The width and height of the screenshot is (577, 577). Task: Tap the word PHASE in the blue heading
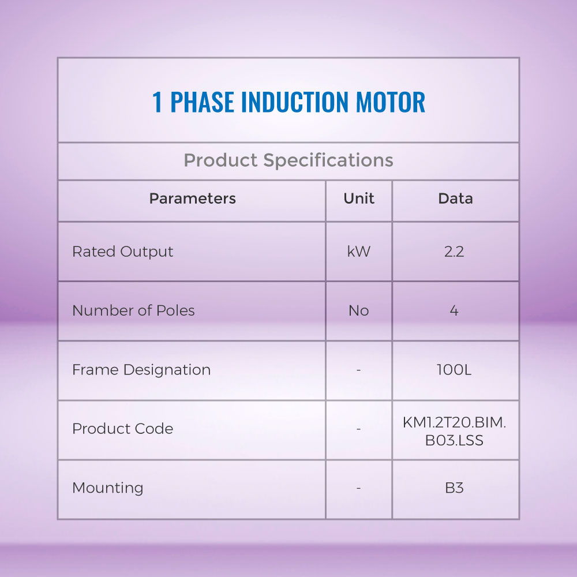pyautogui.click(x=202, y=102)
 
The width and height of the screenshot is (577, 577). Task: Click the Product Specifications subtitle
pyautogui.click(x=288, y=160)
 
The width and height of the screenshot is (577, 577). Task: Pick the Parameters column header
pyautogui.click(x=193, y=198)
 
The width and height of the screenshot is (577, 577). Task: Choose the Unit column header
pyautogui.click(x=359, y=198)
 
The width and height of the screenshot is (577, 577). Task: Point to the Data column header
pyautogui.click(x=456, y=198)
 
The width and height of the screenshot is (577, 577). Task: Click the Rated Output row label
pyautogui.click(x=122, y=252)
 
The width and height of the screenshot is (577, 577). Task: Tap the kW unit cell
pyautogui.click(x=359, y=252)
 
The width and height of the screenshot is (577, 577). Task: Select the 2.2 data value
pyautogui.click(x=454, y=252)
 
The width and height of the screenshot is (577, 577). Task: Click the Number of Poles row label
pyautogui.click(x=133, y=310)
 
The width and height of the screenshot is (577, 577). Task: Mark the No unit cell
pyautogui.click(x=359, y=311)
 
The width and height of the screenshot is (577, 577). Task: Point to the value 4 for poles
pyautogui.click(x=454, y=311)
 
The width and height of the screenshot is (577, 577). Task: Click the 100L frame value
pyautogui.click(x=454, y=370)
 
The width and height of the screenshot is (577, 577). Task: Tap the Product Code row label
pyautogui.click(x=122, y=429)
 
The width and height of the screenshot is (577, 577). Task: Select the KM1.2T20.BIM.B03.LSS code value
pyautogui.click(x=455, y=432)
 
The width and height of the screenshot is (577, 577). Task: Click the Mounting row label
pyautogui.click(x=107, y=488)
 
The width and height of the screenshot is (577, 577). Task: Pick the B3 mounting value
pyautogui.click(x=454, y=488)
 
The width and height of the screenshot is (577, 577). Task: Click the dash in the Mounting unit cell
pyautogui.click(x=358, y=488)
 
